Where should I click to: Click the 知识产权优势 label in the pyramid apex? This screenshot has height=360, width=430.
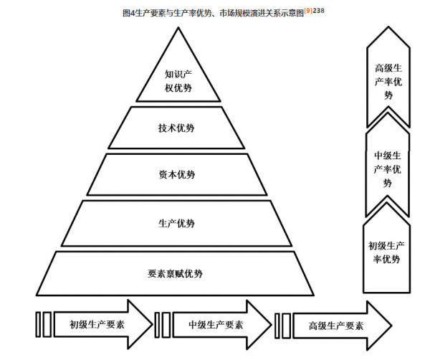178,81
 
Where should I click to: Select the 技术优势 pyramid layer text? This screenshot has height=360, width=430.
176,128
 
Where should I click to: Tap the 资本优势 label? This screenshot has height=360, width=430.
177,174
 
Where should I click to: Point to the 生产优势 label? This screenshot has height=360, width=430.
176,223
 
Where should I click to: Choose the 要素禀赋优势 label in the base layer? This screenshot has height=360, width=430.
175,273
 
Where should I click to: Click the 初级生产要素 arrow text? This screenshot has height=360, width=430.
97,325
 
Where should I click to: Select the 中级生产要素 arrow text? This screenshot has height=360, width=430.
216,325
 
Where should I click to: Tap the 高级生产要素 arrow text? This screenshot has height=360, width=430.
336,326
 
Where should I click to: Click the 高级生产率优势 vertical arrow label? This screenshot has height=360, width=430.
388,82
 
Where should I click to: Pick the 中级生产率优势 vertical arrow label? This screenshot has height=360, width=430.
388,169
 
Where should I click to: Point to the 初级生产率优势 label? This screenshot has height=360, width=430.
386,252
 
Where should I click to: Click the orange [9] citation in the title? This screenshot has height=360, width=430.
308,11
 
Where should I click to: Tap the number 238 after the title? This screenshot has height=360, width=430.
319,11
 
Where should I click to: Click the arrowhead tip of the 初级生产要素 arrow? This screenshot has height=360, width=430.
153,324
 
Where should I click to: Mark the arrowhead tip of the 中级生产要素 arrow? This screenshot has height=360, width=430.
272,325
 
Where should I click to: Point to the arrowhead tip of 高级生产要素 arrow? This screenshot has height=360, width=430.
391,326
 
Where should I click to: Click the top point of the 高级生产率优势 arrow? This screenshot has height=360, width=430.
388,27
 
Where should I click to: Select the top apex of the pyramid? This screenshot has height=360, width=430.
178,28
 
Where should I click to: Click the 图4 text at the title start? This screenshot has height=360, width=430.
129,13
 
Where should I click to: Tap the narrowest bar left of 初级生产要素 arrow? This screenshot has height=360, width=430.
38,324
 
